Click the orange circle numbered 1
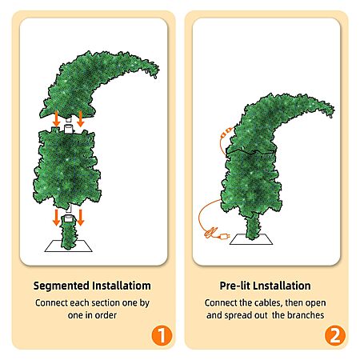point(162,335)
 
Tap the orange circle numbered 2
point(335,335)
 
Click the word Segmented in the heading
point(61,286)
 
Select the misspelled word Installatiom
point(122,286)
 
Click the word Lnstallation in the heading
point(282,286)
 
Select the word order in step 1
point(106,315)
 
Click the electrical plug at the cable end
point(223,236)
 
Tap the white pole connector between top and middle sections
point(69,129)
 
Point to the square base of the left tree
point(68,246)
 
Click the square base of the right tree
point(251,239)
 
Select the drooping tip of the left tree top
point(155,75)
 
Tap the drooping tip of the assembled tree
point(330,114)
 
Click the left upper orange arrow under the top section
point(56,119)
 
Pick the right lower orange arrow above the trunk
point(81,218)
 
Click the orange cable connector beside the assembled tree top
point(226,132)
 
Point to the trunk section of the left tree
point(69,233)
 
